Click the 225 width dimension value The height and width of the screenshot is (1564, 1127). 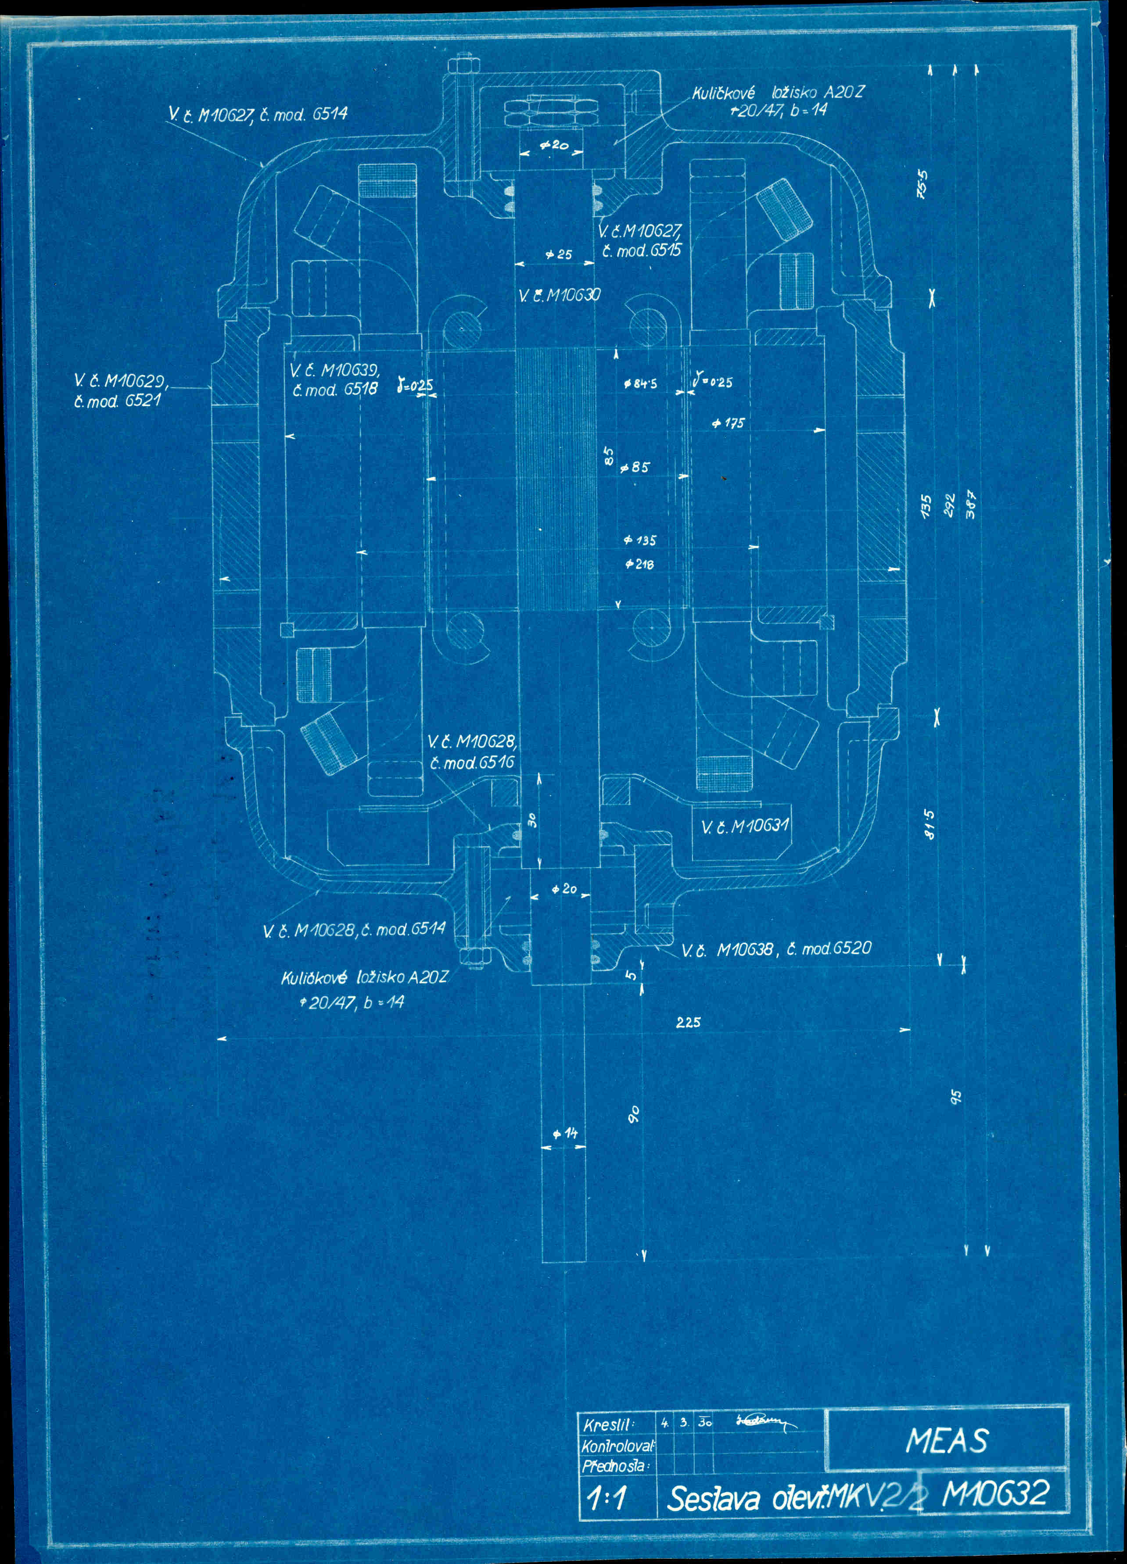coord(688,1023)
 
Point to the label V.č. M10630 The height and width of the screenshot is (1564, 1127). coord(559,296)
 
